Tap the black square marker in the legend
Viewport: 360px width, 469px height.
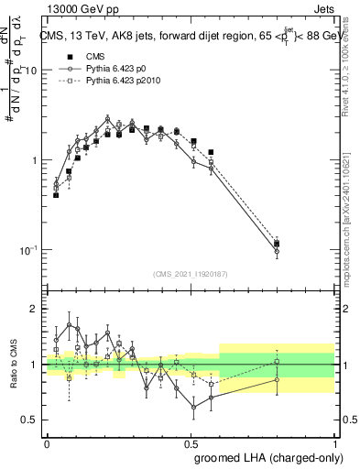click(x=58, y=56)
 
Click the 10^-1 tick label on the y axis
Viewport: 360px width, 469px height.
click(x=27, y=250)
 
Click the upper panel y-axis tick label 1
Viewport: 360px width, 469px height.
click(x=34, y=160)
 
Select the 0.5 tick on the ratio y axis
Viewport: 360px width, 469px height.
click(x=30, y=420)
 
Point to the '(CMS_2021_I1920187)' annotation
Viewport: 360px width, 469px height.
click(x=191, y=274)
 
